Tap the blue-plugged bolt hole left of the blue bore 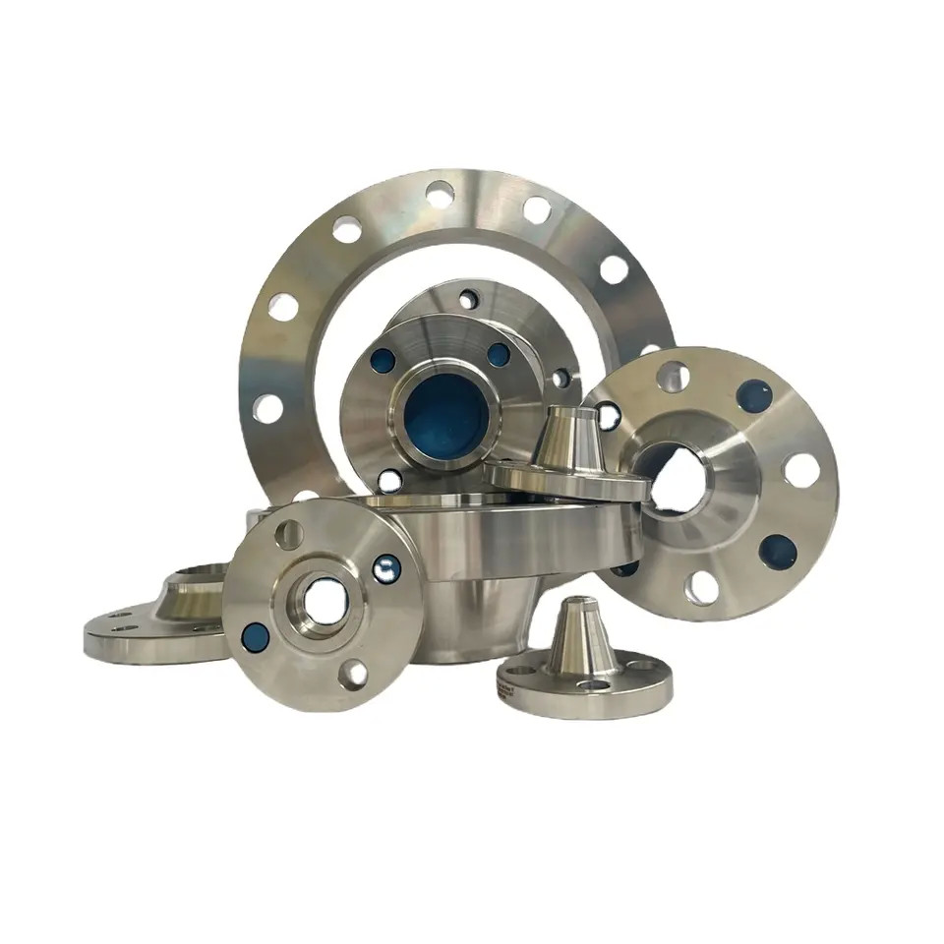383,360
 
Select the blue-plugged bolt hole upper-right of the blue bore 500,354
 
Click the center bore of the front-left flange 322,599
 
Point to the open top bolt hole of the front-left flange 289,534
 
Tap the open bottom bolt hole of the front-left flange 352,674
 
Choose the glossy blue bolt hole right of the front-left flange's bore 386,567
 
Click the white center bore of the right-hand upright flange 678,479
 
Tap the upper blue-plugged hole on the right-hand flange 754,394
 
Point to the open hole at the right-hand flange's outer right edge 802,470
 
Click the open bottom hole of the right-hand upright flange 700,587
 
